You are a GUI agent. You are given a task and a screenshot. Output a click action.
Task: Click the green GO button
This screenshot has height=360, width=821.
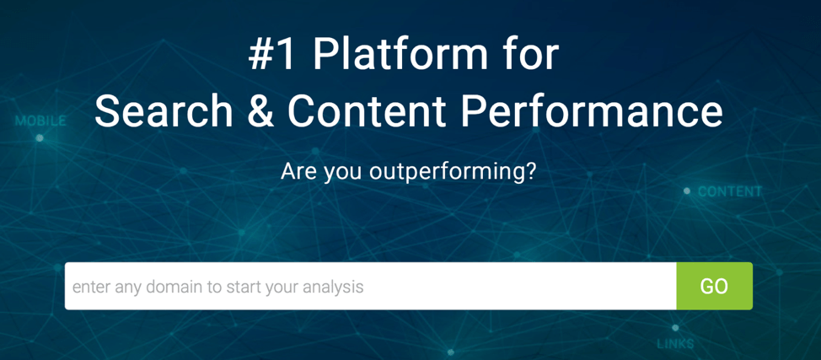[x=714, y=286]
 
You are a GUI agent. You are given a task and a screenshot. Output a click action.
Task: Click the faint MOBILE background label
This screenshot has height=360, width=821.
[x=40, y=121]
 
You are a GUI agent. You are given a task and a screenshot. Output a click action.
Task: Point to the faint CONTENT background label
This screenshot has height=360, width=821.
[x=730, y=191]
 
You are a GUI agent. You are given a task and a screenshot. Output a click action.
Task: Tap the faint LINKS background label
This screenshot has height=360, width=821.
[x=675, y=344]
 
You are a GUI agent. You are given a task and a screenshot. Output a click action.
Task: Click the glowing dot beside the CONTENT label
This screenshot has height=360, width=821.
[x=687, y=191]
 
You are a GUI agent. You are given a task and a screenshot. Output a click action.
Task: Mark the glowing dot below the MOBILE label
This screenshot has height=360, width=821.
[x=40, y=137]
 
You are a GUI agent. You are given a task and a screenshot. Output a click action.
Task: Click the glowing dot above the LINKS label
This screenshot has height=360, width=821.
[x=675, y=328]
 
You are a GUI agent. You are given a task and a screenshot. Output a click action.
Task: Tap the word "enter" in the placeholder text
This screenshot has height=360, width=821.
[x=90, y=287]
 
